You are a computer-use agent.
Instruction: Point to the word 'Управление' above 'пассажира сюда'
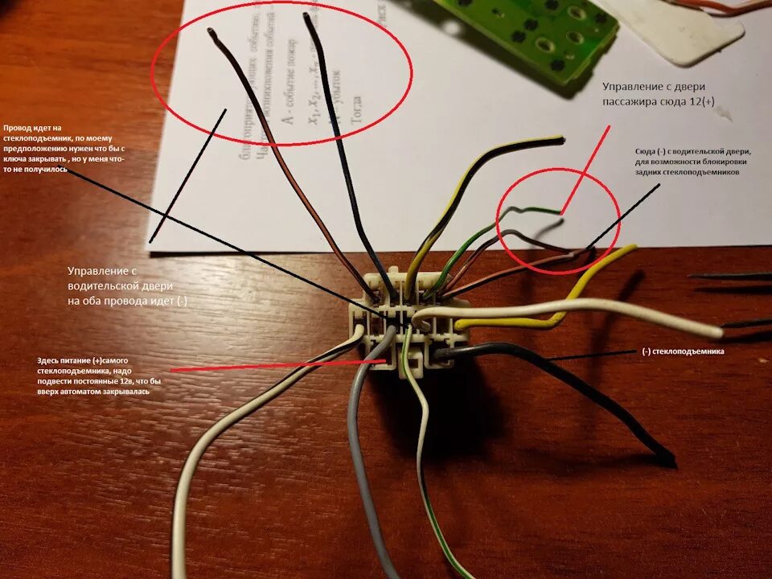click(x=634, y=85)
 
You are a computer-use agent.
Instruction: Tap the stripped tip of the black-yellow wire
click(x=556, y=140)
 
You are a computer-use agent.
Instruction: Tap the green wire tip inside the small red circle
click(x=558, y=211)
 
